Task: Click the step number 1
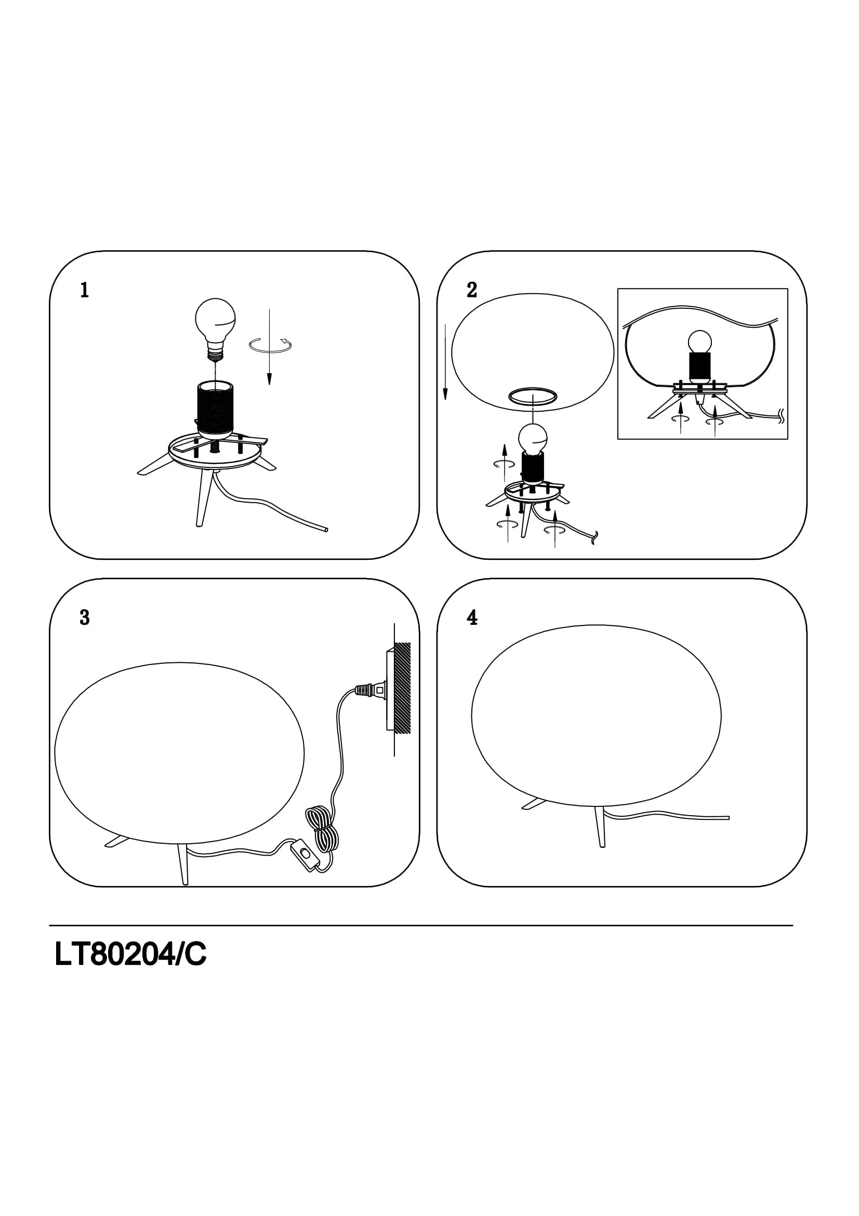84,290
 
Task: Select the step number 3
84,618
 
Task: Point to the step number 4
472,618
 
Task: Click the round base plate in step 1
214,450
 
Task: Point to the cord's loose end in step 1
325,529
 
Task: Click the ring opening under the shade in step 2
533,397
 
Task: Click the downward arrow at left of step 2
446,362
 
